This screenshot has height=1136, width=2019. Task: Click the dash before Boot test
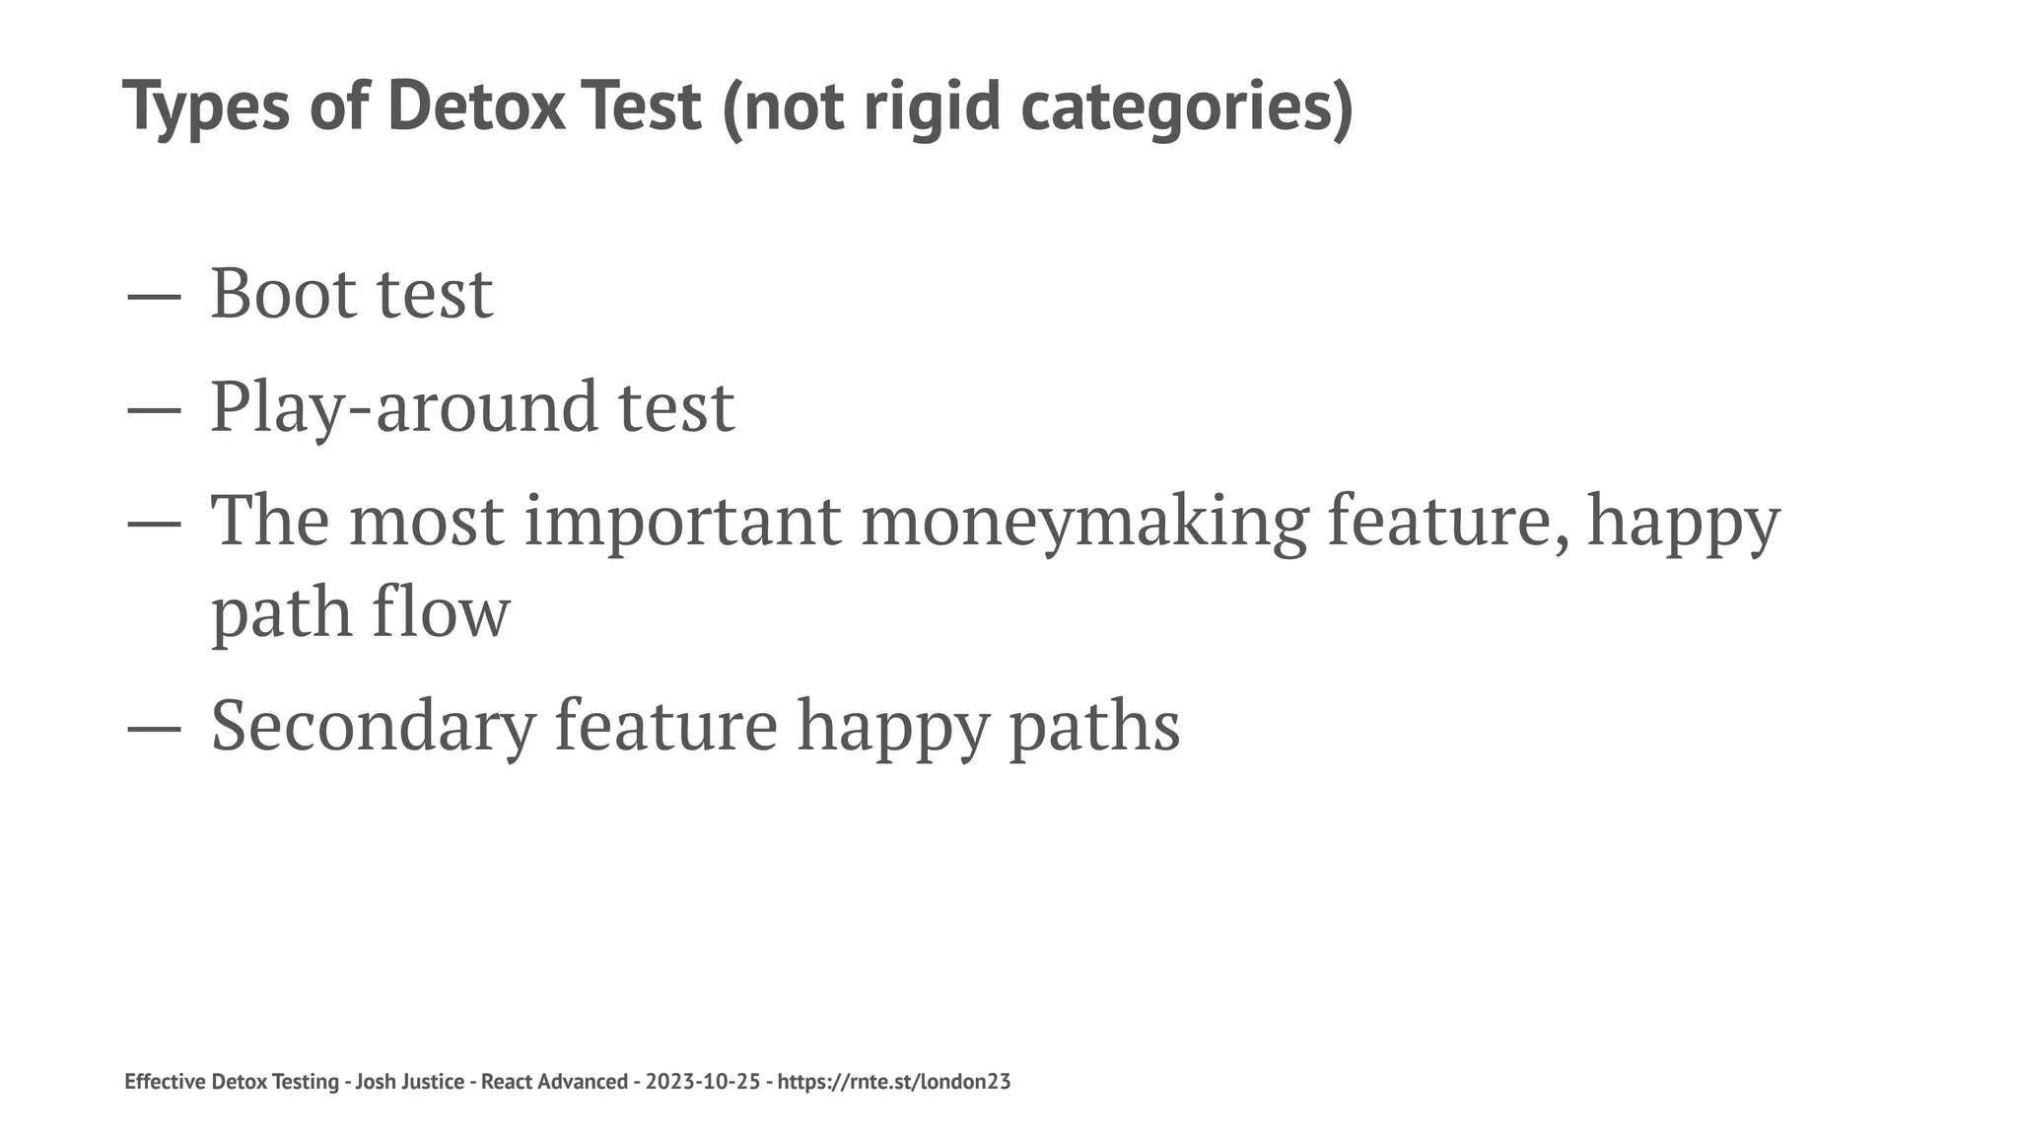[154, 295]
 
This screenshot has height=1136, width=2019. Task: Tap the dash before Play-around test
[154, 407]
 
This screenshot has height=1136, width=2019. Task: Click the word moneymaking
[1083, 521]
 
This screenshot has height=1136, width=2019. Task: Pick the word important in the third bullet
[682, 521]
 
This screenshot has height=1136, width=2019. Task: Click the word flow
[441, 611]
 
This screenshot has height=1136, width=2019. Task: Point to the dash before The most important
[154, 522]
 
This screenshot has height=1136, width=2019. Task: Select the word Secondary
[374, 725]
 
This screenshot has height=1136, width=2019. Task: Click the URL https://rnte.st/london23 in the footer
[894, 1082]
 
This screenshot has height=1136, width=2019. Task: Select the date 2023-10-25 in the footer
[703, 1082]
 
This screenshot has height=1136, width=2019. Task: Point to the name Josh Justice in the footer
[409, 1082]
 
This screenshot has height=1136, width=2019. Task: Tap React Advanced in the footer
[554, 1082]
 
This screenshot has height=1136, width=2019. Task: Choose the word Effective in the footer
[166, 1082]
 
